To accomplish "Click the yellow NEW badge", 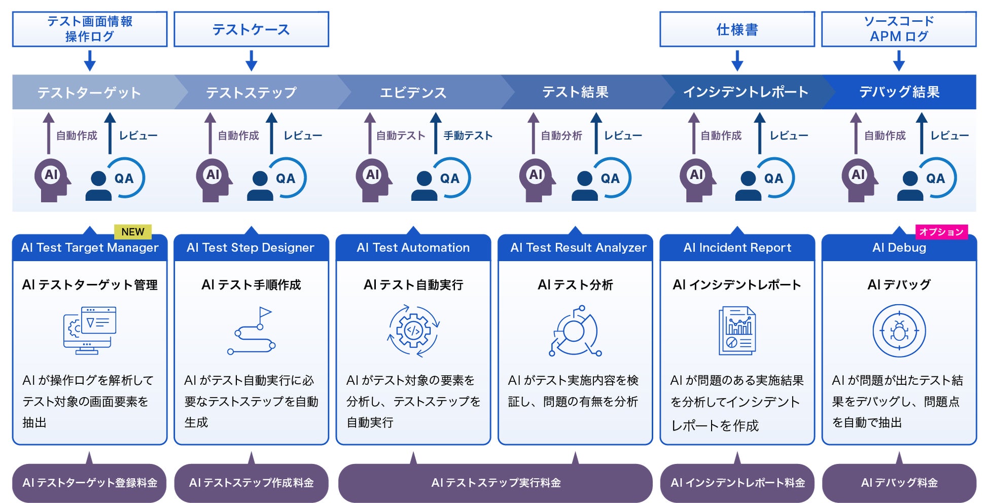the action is (x=133, y=232).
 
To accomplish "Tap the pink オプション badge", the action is (x=941, y=232).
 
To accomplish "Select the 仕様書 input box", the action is (x=737, y=29).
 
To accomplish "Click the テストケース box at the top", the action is (x=251, y=29).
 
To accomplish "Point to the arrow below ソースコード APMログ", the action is (x=899, y=61).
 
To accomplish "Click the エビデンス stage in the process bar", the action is (x=413, y=92).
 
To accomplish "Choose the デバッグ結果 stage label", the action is (x=899, y=92).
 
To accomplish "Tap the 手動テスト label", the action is (x=468, y=135).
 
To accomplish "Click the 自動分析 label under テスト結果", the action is (x=561, y=135).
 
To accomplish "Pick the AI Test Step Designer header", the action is (x=251, y=248).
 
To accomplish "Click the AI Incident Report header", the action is (x=737, y=248).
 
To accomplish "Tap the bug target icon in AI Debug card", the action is (x=899, y=331).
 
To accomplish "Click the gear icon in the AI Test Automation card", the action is (x=413, y=331).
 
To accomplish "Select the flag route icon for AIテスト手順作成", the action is (x=252, y=331).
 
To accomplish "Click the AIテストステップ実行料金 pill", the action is (x=496, y=483).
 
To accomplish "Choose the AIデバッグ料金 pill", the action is (x=899, y=483).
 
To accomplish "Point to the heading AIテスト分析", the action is (x=575, y=285).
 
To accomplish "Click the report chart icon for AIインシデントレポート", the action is (x=737, y=331).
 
